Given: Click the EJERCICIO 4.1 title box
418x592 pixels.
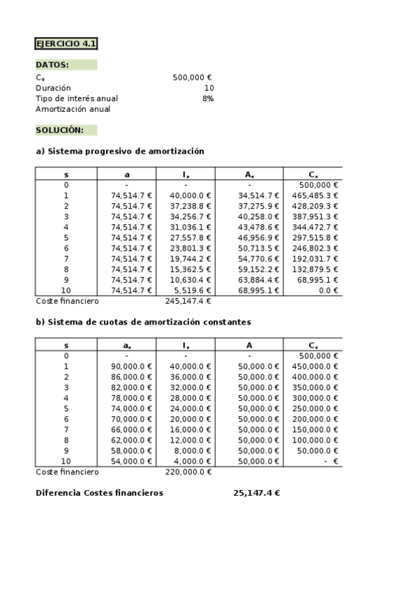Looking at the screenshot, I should pos(66,44).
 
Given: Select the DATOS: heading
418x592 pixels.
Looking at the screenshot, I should pos(52,65).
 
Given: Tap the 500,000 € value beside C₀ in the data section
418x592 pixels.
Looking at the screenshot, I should pos(192,77).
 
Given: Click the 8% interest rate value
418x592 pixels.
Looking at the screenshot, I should pos(208,98).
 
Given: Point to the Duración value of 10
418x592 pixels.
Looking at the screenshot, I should pos(209,88).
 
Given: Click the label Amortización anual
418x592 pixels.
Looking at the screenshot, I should pos(73,109).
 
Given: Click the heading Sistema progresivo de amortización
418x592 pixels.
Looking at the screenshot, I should pos(119,151).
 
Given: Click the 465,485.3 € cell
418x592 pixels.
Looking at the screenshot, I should pos(315,195).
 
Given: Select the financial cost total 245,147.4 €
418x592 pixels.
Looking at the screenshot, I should pos(188,301).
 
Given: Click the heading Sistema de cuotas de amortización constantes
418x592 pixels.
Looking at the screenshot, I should pos(143,322).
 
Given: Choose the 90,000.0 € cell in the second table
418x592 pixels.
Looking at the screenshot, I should pos(131,366).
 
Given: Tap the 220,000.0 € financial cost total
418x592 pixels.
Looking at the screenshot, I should pos(188,472).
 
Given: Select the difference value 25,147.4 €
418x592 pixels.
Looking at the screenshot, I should pos(256,493).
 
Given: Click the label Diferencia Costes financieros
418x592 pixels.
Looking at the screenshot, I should pos(99,493).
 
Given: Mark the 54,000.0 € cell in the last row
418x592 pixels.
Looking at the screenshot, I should pos(131,461).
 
